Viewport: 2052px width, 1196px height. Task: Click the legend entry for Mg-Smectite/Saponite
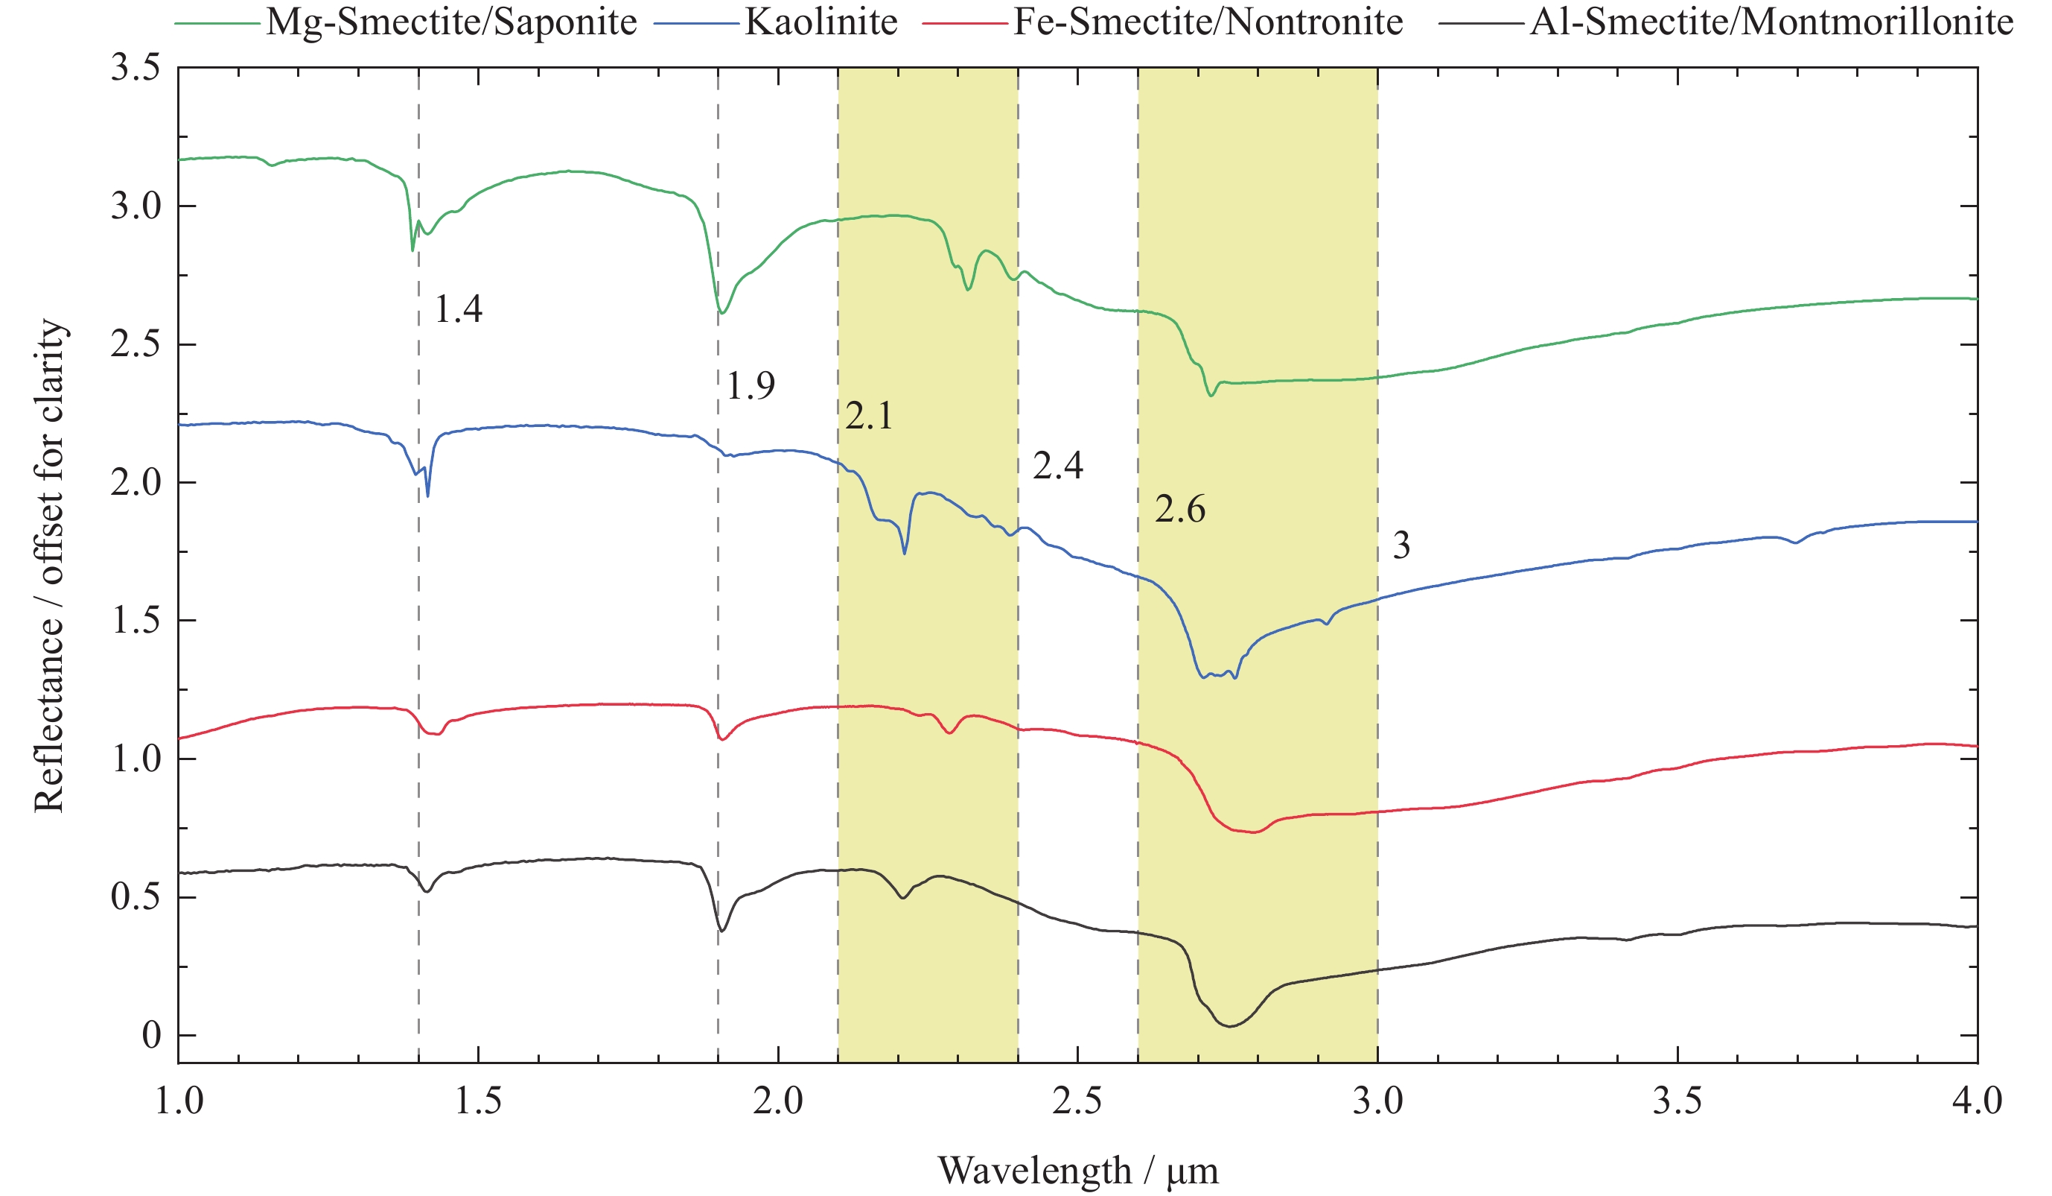[450, 22]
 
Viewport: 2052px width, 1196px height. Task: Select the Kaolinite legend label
[821, 22]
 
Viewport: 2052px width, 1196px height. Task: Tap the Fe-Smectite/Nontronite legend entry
[1208, 22]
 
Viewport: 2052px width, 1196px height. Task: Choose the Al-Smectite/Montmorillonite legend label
[1772, 22]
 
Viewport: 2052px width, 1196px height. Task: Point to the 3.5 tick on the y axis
[136, 68]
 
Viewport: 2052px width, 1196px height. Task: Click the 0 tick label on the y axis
[151, 1036]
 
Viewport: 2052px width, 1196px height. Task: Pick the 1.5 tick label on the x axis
[478, 1101]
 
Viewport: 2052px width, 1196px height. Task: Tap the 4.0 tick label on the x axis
[1977, 1101]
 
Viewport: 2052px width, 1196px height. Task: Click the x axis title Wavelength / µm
[1078, 1171]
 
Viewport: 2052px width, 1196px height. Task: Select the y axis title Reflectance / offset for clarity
[49, 566]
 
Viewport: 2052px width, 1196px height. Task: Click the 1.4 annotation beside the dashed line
[459, 309]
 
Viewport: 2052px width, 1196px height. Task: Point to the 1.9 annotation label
[750, 385]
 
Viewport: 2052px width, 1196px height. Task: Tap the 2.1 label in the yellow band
[869, 417]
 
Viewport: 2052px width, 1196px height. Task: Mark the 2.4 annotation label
[1058, 466]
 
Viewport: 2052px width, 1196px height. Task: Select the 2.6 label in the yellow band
[1180, 510]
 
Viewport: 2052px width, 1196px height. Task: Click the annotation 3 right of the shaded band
[1401, 545]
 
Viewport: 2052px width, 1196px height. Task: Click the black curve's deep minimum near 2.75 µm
[1229, 1025]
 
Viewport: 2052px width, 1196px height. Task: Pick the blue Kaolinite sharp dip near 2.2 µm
[905, 553]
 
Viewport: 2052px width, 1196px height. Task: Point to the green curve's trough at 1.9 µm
[721, 312]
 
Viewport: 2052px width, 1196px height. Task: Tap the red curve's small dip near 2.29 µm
[949, 733]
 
